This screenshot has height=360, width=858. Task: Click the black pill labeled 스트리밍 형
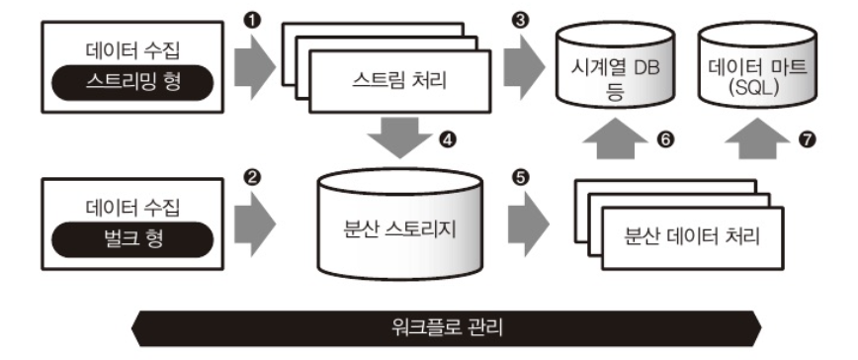click(x=132, y=82)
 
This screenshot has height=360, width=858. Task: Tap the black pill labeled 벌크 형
click(x=132, y=239)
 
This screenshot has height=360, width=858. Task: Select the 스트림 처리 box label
click(x=399, y=81)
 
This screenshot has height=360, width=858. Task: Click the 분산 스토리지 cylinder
click(x=400, y=224)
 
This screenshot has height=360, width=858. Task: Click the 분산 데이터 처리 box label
click(x=692, y=237)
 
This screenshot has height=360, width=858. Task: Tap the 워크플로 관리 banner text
click(x=447, y=328)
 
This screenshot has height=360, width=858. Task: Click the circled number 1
click(x=252, y=21)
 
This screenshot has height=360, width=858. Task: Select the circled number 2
click(x=252, y=177)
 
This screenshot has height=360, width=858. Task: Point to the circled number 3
click(x=520, y=21)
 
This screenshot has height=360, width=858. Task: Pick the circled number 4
click(x=448, y=140)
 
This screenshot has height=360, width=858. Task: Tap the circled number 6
click(x=664, y=140)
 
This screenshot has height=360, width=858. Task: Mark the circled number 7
click(x=807, y=140)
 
